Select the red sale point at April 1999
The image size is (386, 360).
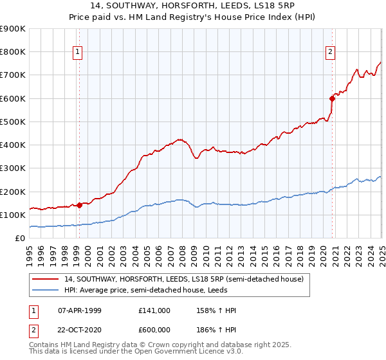pos(79,205)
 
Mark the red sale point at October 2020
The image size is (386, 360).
pos(333,98)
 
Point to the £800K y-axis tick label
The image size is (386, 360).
pos(13,52)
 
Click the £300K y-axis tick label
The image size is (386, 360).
pos(13,168)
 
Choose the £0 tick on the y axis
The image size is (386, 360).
pos(21,239)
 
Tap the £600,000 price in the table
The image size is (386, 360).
pos(154,328)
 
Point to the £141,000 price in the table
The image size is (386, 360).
pos(154,310)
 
